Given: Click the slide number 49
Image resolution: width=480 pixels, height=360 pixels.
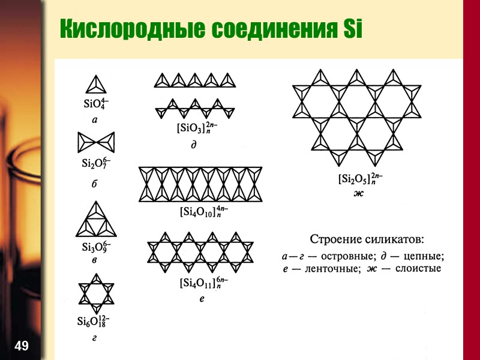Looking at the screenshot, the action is (21, 346).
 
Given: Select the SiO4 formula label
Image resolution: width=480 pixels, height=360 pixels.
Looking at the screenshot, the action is (95, 103).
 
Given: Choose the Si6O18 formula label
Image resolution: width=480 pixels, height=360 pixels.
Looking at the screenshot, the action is (93, 320).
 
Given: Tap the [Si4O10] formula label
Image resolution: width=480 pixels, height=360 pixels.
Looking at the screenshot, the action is (204, 212).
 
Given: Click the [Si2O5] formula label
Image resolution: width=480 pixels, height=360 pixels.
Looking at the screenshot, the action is (360, 179).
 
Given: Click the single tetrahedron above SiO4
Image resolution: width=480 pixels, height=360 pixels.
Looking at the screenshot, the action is (95, 83).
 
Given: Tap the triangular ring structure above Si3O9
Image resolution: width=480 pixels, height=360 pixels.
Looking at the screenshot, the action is (95, 220).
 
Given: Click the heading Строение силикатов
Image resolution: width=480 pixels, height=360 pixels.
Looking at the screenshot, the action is (367, 239).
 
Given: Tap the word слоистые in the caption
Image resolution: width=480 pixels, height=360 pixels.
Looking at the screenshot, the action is (416, 268).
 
